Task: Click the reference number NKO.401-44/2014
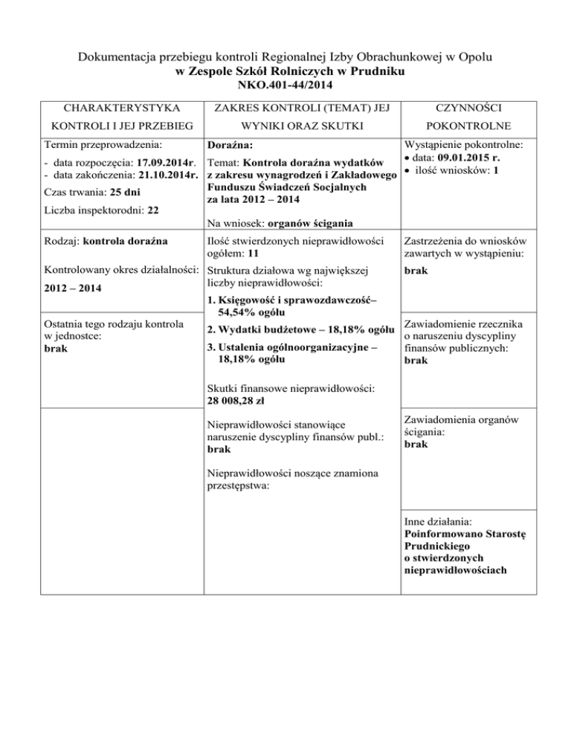pos(285,86)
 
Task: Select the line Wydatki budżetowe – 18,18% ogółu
pos(301,329)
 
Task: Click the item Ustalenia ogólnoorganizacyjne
pos(297,346)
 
